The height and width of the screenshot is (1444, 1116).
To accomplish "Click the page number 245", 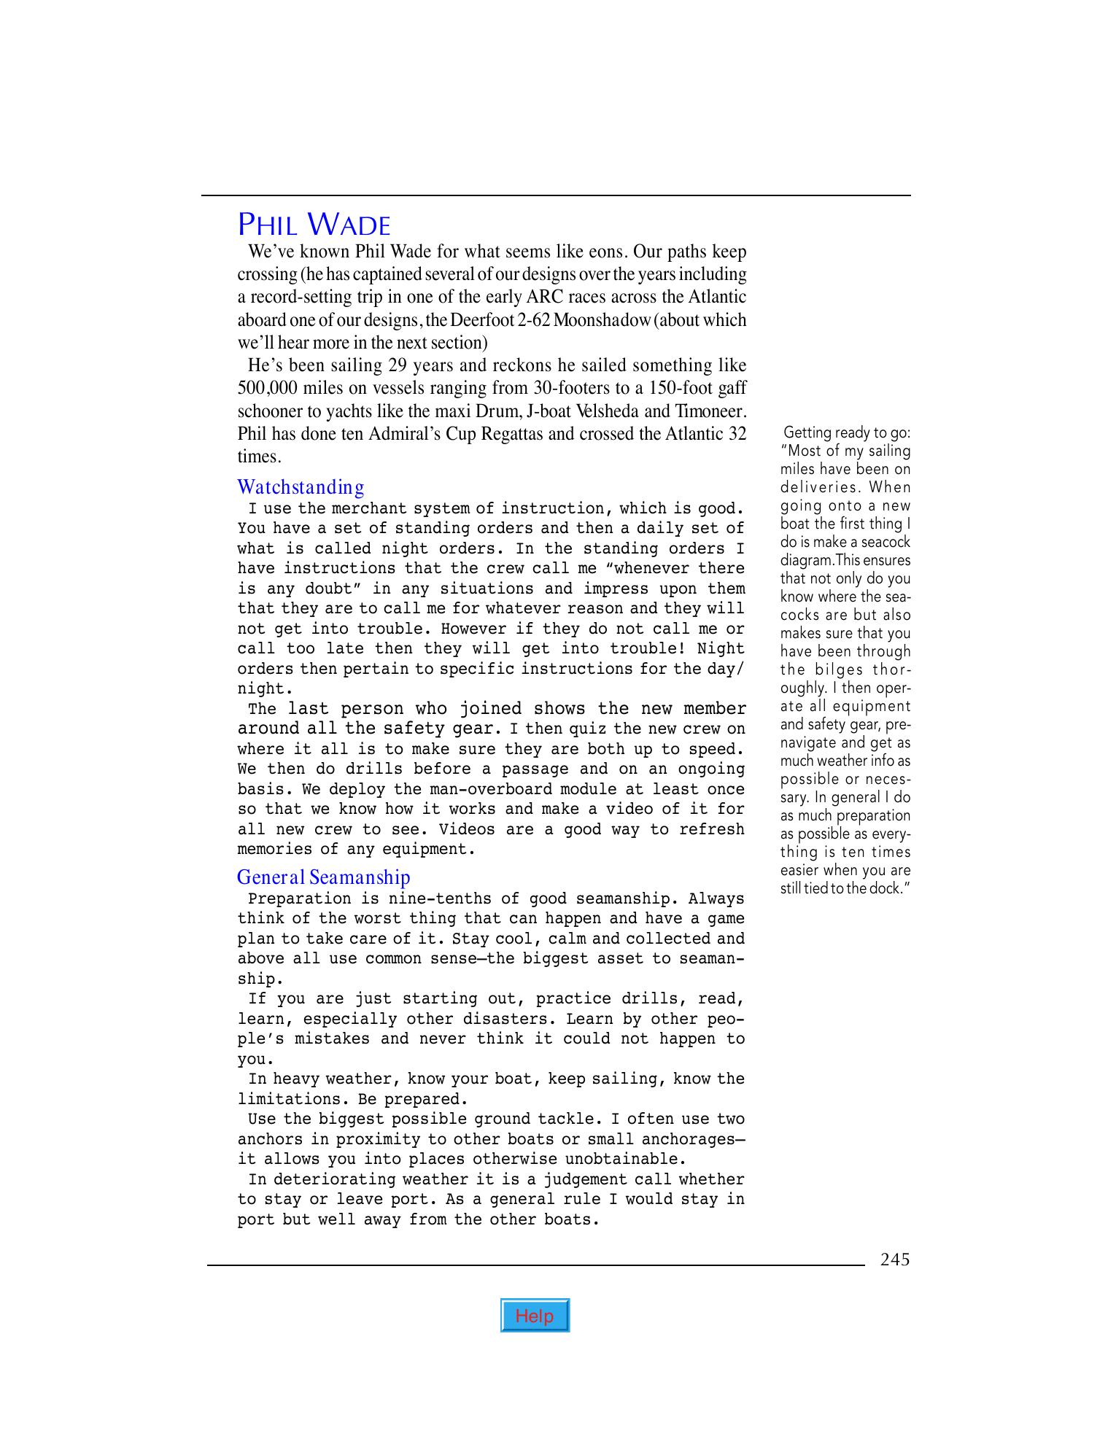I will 894,1259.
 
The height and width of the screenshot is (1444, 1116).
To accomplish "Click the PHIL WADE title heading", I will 314,225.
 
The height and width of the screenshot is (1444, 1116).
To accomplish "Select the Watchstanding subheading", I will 301,486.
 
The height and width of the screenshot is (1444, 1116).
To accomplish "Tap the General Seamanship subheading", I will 323,877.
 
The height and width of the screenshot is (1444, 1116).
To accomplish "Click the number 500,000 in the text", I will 266,388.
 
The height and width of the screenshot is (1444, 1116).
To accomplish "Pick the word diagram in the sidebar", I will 807,560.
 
